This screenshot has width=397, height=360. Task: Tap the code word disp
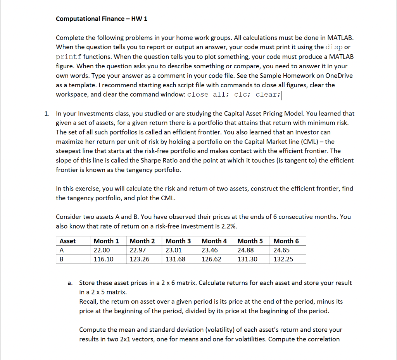tap(334, 47)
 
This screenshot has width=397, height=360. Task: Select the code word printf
tap(69, 57)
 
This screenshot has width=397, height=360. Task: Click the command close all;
tap(208, 95)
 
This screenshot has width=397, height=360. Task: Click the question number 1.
tap(47, 114)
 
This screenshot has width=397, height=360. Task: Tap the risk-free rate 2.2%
tap(229, 226)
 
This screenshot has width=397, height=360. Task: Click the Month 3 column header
tap(178, 241)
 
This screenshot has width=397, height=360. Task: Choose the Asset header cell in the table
tap(68, 241)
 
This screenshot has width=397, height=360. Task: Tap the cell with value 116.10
tap(104, 259)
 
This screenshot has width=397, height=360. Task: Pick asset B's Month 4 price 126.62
tap(211, 259)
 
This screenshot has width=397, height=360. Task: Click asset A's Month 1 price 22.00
tap(102, 250)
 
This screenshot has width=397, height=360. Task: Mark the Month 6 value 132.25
tap(283, 259)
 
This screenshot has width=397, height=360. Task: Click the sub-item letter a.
tap(70, 283)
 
